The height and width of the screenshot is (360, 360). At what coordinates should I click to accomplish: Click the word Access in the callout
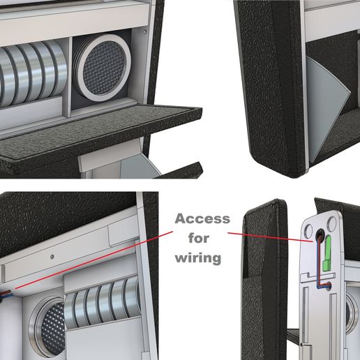202,218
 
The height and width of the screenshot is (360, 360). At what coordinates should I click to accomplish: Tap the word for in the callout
199,238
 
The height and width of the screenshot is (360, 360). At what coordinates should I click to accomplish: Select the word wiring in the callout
198,257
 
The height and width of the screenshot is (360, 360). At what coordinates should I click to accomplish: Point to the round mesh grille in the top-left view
103,68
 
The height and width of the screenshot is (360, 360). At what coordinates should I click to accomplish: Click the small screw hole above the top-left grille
145,31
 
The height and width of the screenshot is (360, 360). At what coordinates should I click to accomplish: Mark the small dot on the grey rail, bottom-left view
52,257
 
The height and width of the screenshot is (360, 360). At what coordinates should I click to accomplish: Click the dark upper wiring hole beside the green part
320,236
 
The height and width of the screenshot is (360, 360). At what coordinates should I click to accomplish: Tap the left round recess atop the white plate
308,230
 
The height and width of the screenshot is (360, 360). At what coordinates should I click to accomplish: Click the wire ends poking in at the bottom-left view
5,295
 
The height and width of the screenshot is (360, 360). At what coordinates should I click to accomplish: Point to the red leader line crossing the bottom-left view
94,260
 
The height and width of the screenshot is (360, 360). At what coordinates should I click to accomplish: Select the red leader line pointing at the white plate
270,237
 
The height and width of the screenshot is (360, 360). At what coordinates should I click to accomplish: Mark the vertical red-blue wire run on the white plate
318,262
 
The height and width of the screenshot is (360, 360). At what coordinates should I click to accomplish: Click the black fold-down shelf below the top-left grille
100,135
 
